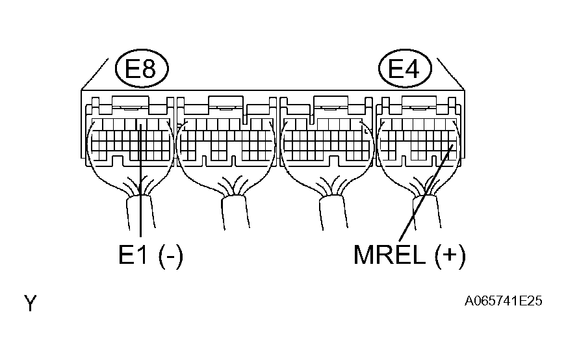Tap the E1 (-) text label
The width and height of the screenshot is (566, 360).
151,255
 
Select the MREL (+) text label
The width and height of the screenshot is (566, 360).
409,255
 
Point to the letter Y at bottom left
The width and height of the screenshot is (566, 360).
31,303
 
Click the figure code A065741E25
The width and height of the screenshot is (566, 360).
503,301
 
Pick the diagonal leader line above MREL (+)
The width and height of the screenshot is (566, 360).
426,193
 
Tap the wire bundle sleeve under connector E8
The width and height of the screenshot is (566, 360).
141,212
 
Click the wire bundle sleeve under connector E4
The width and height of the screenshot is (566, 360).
427,212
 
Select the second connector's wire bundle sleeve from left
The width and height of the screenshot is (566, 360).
235,212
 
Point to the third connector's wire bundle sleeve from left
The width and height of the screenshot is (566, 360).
333,212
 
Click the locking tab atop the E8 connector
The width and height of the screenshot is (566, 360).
131,102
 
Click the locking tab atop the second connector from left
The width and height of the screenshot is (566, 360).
226,102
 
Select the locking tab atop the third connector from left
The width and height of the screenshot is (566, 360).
331,102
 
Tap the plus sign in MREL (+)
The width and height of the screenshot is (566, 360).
450,255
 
